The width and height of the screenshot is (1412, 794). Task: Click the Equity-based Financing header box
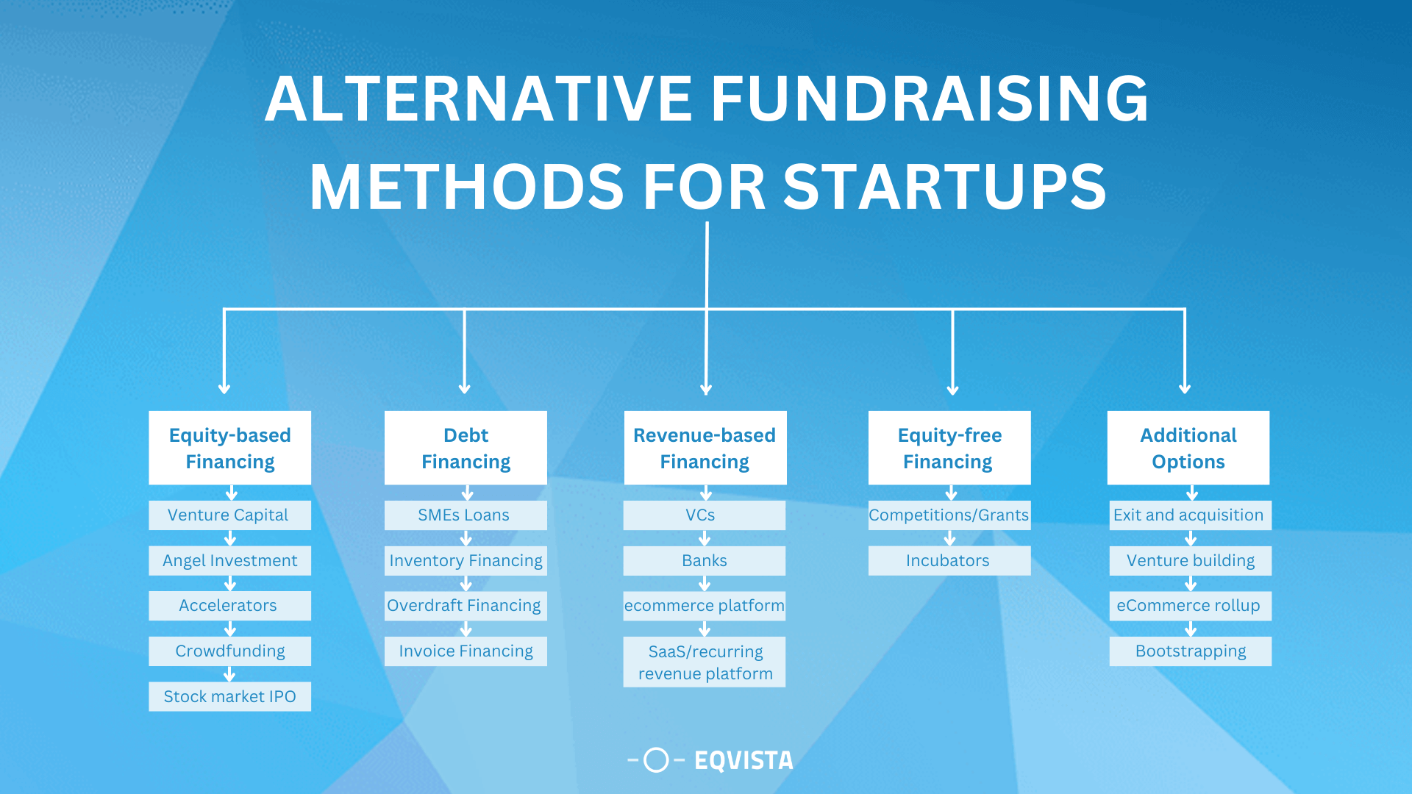pos(229,448)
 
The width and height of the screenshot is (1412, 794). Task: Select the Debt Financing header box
pos(466,448)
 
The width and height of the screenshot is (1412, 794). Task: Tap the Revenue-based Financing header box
pos(705,448)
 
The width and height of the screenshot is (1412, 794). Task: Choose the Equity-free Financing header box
pos(949,448)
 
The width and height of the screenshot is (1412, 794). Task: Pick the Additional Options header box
pos(1188,448)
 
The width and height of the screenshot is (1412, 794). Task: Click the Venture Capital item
pos(229,515)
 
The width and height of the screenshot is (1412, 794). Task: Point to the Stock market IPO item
pos(229,696)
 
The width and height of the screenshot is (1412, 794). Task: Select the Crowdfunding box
pos(229,651)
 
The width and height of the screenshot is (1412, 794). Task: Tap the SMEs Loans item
pos(465,515)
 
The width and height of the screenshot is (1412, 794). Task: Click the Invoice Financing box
pos(466,651)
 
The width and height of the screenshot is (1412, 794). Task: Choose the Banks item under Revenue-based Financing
pos(704,561)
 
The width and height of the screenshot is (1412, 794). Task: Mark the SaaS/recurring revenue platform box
pos(704,662)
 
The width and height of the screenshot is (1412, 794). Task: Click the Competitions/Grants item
pos(949,515)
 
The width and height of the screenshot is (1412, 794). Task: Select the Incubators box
pos(949,561)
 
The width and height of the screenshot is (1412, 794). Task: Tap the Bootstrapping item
pos(1190,651)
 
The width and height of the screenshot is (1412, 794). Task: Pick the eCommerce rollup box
pos(1190,606)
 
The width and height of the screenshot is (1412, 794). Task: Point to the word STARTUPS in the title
pos(944,187)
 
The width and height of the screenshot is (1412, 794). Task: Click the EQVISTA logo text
pos(744,760)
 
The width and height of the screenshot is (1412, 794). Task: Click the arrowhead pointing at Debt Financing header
pos(464,388)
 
